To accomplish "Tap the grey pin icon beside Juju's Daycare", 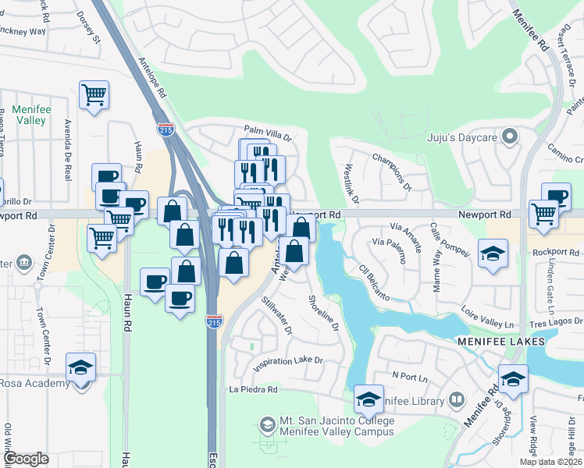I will (511, 138).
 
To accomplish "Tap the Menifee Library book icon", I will (458, 401).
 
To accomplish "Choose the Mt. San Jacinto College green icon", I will (267, 425).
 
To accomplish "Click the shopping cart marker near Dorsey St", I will (94, 96).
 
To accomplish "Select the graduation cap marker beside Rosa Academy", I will (80, 367).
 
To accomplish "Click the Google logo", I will (26, 459).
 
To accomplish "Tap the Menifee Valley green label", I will (32, 115).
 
